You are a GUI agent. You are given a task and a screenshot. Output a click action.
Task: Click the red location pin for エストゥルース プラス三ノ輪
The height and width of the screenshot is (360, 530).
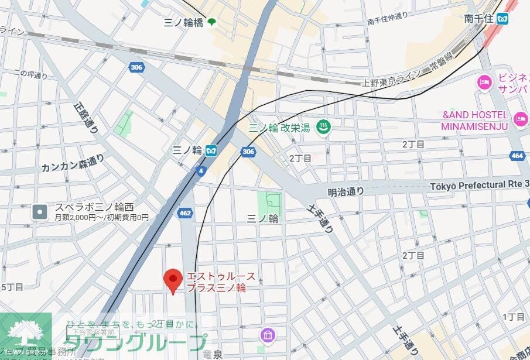click(173, 280)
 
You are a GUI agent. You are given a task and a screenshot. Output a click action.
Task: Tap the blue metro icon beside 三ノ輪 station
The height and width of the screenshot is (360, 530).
click(211, 150)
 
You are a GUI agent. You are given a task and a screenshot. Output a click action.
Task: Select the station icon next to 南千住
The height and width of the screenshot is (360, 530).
click(502, 19)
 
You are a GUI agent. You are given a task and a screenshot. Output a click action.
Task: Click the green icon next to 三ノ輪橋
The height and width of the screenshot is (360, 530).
click(210, 22)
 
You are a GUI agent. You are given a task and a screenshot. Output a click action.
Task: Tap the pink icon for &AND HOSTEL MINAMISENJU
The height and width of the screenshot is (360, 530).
click(520, 120)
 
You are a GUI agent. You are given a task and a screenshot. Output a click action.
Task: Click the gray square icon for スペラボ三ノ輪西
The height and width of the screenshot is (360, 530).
click(40, 211)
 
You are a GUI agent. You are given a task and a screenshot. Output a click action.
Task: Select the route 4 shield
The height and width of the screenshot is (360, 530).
click(201, 171)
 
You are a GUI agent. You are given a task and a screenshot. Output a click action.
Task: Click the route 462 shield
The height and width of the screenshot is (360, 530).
click(185, 213)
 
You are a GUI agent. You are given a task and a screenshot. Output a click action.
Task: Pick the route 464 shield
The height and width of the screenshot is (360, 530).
click(517, 156)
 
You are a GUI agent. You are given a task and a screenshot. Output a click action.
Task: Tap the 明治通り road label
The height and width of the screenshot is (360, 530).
click(346, 191)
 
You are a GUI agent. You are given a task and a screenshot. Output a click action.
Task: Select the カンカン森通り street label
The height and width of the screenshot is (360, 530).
click(73, 163)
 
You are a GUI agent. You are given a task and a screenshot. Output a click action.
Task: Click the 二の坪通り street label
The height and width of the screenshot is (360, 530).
click(30, 74)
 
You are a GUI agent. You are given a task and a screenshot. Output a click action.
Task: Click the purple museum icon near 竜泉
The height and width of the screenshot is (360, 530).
click(268, 335)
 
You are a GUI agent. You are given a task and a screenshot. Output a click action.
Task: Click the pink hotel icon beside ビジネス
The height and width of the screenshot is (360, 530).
click(484, 82)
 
